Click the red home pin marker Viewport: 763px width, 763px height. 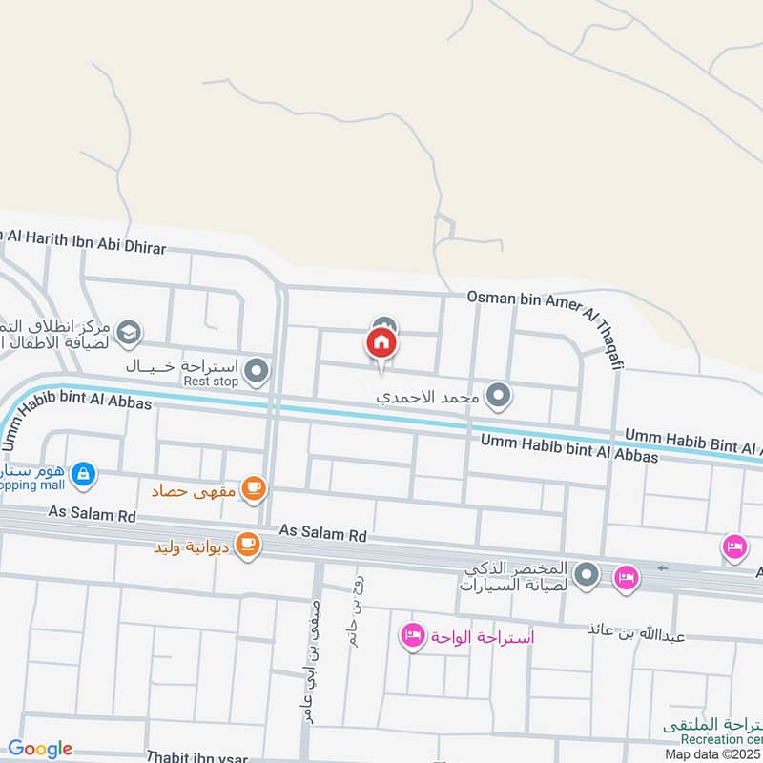pyautogui.click(x=381, y=342)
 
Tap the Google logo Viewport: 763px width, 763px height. pyautogui.click(x=40, y=749)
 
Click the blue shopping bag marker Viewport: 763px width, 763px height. pyautogui.click(x=84, y=472)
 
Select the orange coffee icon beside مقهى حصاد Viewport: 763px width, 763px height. pyautogui.click(x=254, y=488)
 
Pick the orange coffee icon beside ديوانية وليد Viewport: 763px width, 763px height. pyautogui.click(x=247, y=545)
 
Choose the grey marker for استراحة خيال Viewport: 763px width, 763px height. pyautogui.click(x=256, y=371)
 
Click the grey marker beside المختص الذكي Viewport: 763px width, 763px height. pyautogui.click(x=588, y=575)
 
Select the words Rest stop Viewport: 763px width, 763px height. pyautogui.click(x=210, y=381)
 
